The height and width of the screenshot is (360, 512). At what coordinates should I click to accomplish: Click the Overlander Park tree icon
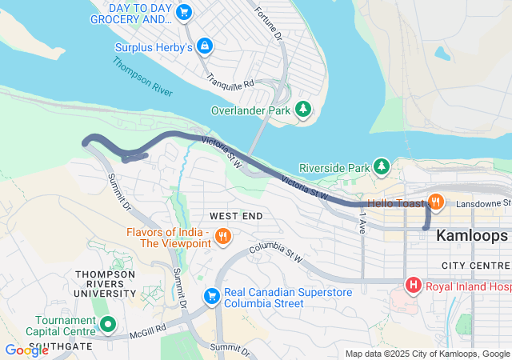coord(303,109)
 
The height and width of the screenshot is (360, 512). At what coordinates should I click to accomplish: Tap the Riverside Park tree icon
coord(382,167)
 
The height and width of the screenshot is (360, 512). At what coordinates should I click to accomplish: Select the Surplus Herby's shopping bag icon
coord(205,46)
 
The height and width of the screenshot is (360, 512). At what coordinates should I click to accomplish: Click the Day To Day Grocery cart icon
coord(185,12)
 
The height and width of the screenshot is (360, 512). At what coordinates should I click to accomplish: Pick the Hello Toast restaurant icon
coord(436,202)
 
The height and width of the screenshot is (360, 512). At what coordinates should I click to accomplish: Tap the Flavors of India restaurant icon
coord(223,236)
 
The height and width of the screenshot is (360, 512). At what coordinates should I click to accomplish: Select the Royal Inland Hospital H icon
coord(414,284)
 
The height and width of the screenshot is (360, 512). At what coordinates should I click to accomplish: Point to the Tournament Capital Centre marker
coord(108,324)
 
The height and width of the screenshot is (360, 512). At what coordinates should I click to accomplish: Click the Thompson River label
coord(142,77)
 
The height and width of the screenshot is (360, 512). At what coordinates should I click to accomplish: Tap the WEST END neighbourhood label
coord(236,217)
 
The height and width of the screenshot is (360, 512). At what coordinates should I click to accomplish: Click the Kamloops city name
coord(472,236)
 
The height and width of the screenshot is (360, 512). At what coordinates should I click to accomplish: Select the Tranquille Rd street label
coord(230,82)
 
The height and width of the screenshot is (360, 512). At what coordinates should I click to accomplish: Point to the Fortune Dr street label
coord(268,24)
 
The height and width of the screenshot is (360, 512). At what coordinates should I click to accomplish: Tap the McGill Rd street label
coord(150,329)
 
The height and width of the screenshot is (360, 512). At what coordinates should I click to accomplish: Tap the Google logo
coord(26,350)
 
